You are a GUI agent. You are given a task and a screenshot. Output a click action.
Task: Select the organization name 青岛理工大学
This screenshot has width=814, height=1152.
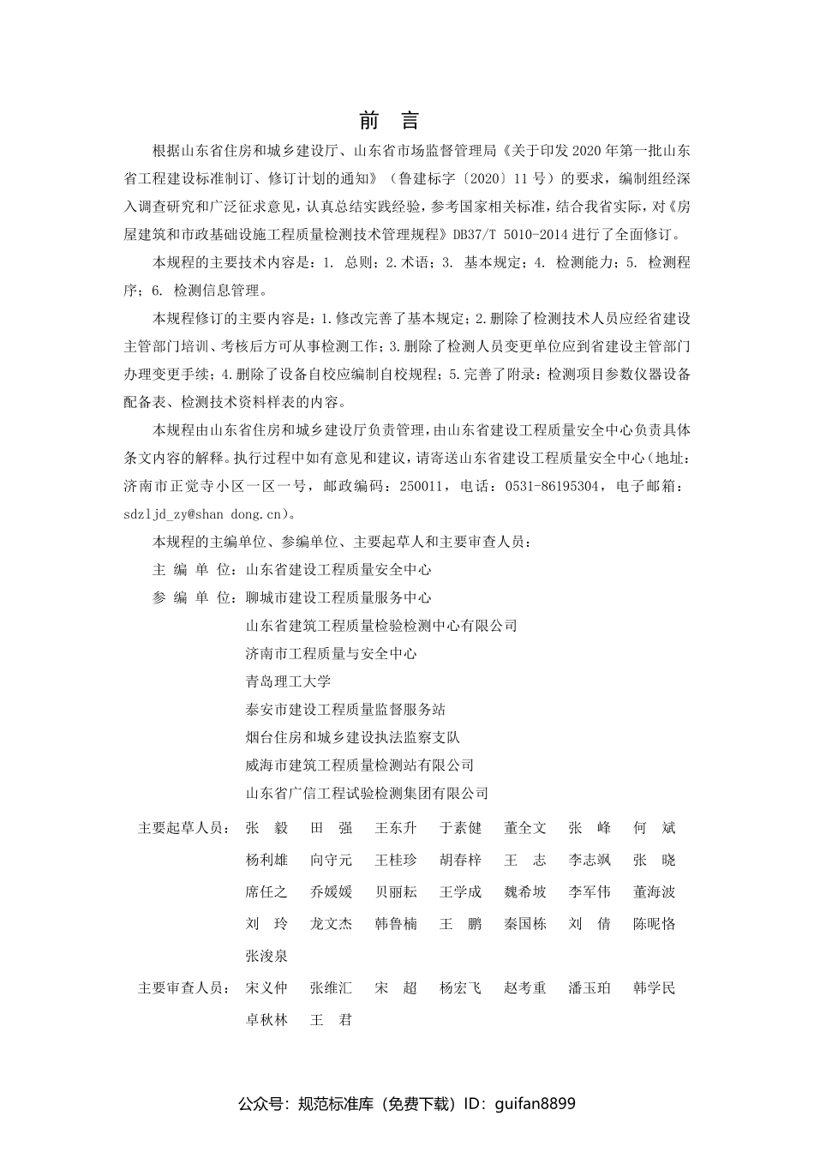[x=287, y=681]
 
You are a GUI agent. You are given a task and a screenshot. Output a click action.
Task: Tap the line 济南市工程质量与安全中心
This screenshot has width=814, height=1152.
[x=331, y=654]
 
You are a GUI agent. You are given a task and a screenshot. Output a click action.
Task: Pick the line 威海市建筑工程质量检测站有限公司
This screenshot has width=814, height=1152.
[x=359, y=765]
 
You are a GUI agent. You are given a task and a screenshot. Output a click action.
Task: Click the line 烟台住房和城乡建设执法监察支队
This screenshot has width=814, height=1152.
[x=352, y=737]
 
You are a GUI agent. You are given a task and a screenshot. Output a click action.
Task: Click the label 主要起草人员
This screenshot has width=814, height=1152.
[x=183, y=828]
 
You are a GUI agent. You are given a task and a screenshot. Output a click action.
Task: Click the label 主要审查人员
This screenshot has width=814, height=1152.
[x=183, y=988]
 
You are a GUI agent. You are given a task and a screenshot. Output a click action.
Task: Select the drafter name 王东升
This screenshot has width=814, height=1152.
[x=396, y=828]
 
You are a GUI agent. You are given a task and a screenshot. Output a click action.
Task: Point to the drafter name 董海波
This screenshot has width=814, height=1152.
[x=655, y=892]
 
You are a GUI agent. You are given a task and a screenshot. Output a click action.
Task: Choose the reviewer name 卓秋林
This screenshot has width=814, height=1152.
[x=266, y=1021]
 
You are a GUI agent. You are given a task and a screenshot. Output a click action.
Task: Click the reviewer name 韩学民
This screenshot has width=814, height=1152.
[x=655, y=988]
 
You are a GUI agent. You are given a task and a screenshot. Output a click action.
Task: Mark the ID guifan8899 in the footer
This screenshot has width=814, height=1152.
[x=536, y=1104]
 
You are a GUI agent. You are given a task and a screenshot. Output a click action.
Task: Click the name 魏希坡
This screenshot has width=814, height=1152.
[x=525, y=892]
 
